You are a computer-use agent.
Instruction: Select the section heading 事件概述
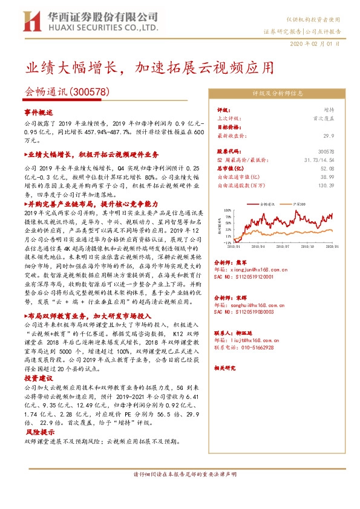tap(39, 112)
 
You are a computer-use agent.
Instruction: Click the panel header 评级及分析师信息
tap(277, 94)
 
